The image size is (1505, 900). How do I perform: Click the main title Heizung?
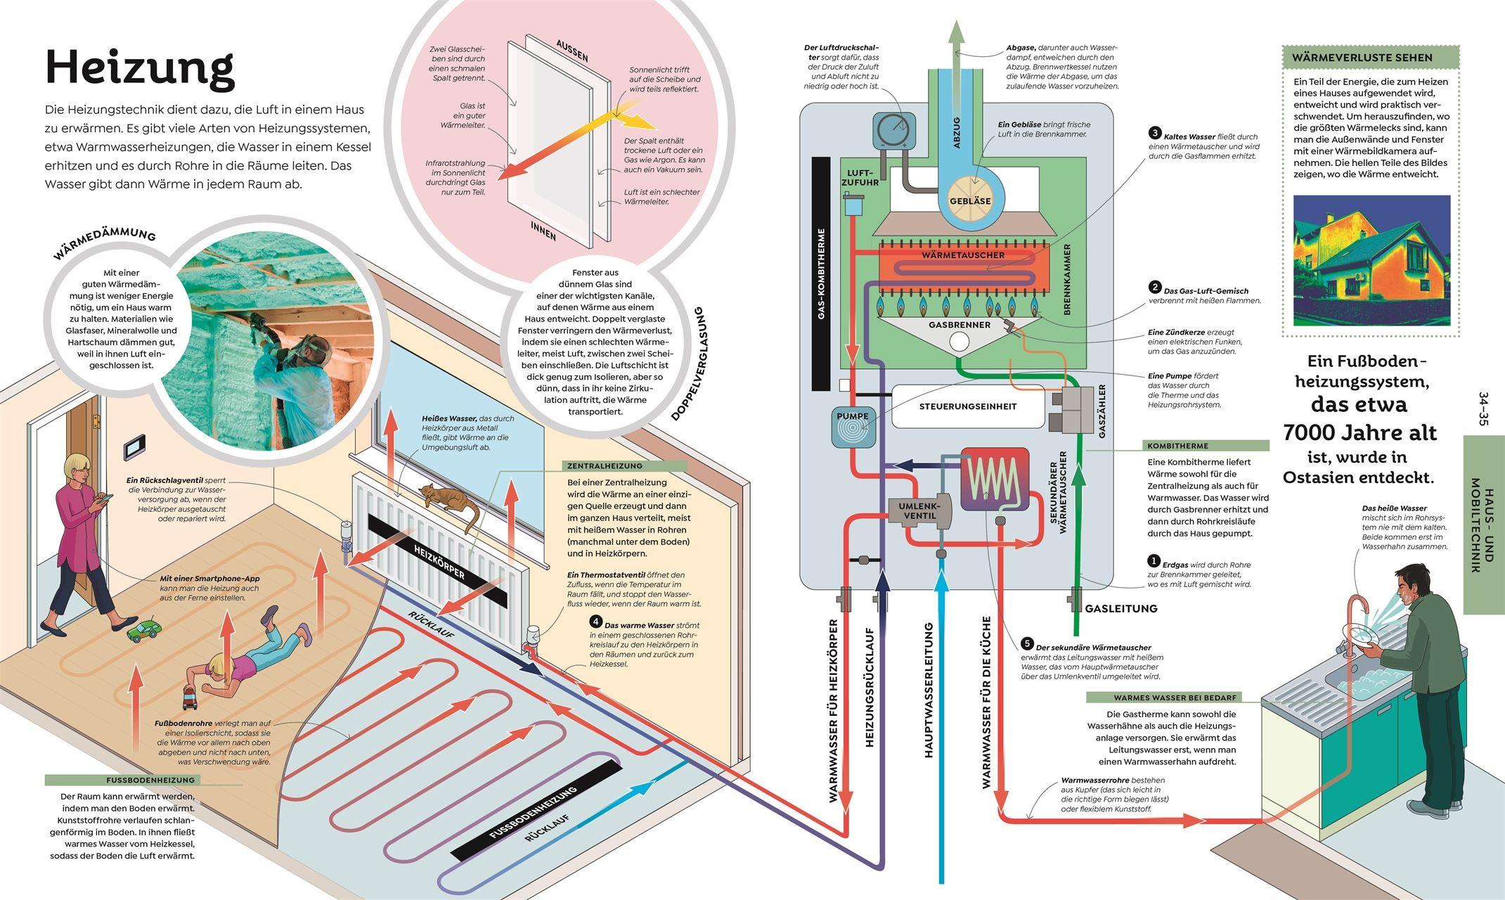click(139, 68)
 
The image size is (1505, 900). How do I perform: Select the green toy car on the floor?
click(143, 630)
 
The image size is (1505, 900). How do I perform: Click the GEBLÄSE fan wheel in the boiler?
click(970, 200)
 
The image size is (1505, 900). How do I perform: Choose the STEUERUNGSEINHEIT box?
click(968, 406)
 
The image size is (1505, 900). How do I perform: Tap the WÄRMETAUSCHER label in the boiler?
click(963, 255)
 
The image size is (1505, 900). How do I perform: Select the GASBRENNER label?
click(960, 325)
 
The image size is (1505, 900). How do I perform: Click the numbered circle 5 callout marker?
click(1027, 644)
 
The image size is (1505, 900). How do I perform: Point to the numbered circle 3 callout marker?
click(1155, 133)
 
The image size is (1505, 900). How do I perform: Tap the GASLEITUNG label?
click(1121, 608)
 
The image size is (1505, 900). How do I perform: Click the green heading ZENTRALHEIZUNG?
click(605, 465)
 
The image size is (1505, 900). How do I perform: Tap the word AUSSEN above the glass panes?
click(571, 51)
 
